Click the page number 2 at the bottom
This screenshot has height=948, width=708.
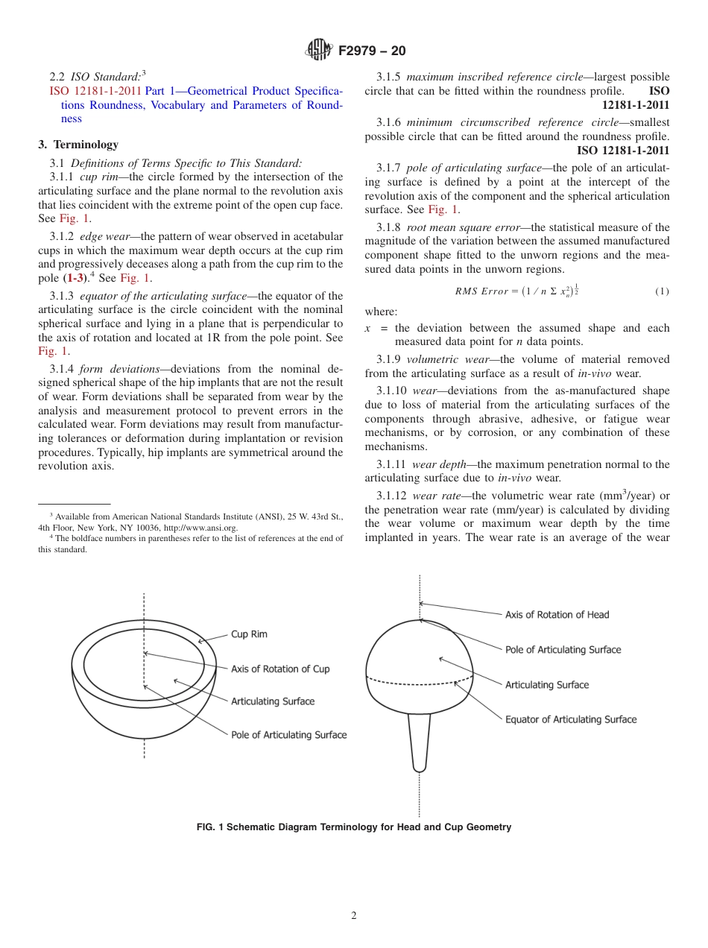(354, 916)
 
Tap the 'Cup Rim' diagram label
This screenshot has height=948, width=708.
(249, 634)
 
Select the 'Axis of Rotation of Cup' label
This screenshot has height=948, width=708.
(280, 669)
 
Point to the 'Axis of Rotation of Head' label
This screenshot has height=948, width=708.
(557, 615)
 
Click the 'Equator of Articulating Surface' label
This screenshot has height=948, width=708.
(571, 720)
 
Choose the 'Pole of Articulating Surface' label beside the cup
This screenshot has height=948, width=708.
(288, 735)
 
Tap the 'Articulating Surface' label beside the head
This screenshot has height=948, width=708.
(547, 685)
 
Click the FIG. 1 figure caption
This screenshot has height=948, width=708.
(354, 827)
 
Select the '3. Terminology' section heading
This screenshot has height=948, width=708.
(78, 145)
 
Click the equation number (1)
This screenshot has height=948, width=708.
(662, 291)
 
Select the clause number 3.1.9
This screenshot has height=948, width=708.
(390, 359)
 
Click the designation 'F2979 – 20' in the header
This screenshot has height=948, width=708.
(372, 51)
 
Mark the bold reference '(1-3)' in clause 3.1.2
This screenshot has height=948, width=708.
(75, 278)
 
